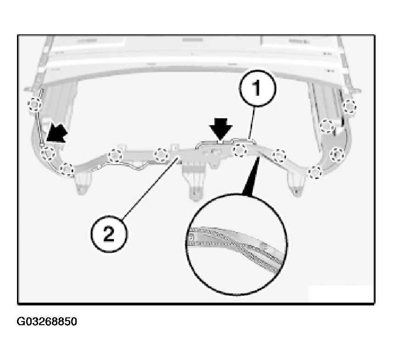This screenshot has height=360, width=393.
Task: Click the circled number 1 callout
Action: tap(258, 89)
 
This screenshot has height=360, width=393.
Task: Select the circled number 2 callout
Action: tap(109, 234)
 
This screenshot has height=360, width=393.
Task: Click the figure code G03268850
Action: tap(47, 321)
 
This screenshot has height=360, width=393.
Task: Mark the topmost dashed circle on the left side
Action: tap(34, 104)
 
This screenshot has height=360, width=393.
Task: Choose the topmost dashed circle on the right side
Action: tap(349, 106)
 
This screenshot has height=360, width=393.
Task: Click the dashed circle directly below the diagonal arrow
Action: tap(48, 153)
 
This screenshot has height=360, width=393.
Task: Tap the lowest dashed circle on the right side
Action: tap(315, 172)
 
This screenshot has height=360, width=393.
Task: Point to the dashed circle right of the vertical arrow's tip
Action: tap(240, 150)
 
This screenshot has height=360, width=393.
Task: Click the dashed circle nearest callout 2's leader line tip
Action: tap(161, 155)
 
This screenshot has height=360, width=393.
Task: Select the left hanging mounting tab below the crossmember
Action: tap(82, 183)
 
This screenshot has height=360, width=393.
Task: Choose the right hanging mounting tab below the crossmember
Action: tap(297, 184)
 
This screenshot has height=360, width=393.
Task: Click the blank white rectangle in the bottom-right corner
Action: tap(341, 294)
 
